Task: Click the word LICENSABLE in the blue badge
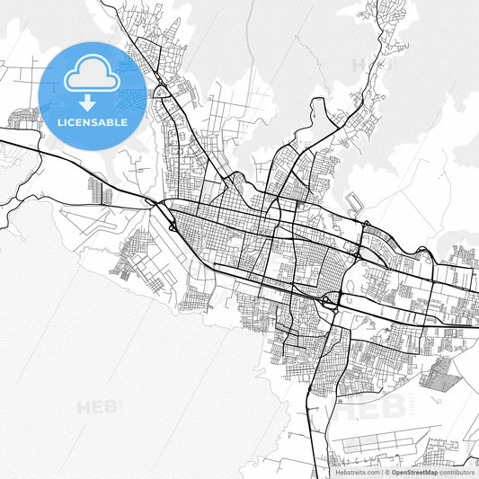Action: pos(93,120)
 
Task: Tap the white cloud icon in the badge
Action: pos(93,74)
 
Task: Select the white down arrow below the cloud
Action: pos(87,101)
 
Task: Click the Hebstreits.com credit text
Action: pos(357,471)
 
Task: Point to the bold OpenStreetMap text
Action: pos(414,471)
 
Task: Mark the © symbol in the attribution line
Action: pos(387,471)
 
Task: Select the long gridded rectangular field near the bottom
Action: pos(377,443)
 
